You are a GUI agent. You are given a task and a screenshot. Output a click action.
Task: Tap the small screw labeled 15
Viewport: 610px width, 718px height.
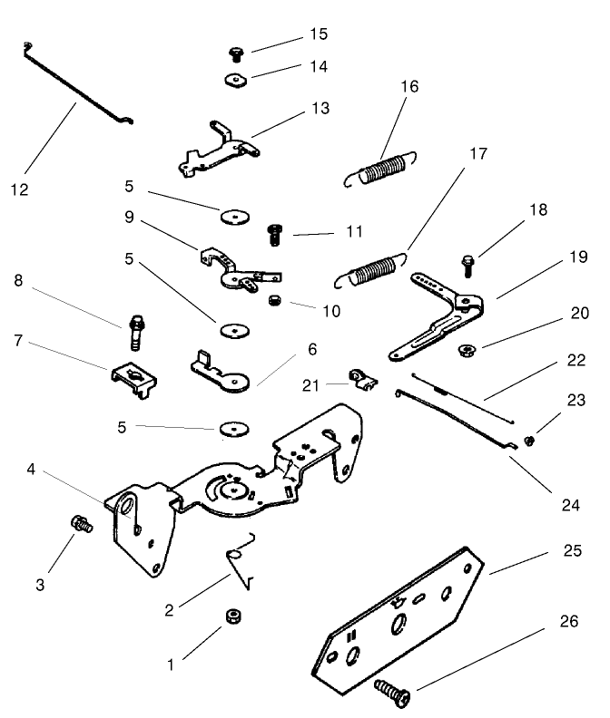236,53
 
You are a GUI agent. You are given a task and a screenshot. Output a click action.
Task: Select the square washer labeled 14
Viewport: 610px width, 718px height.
237,79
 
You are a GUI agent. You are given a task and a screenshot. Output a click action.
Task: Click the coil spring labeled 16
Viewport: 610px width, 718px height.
379,170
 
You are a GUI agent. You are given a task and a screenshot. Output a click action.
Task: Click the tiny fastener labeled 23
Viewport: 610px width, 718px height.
531,441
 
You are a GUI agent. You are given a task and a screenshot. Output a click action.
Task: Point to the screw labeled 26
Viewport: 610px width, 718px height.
394,695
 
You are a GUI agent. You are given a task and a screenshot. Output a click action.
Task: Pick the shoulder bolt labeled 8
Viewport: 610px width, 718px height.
137,332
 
